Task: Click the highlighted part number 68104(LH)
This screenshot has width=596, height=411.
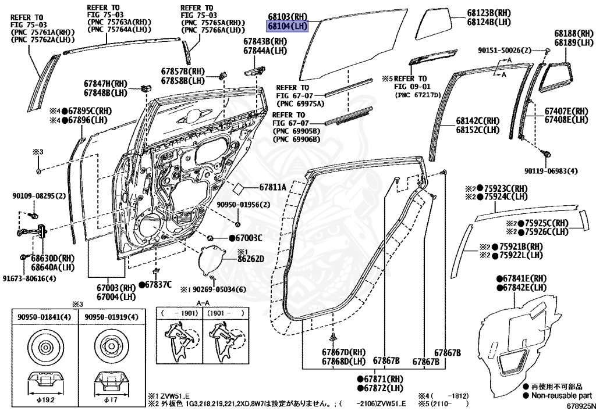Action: (287, 26)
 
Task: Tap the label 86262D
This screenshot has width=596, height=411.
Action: (250, 259)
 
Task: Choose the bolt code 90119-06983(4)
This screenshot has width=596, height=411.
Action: (551, 171)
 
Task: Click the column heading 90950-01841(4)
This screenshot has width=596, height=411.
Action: (45, 316)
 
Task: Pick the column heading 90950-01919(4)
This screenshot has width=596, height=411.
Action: (112, 316)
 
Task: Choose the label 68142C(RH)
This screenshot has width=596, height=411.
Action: (478, 121)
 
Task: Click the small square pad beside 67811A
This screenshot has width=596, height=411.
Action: (239, 188)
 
